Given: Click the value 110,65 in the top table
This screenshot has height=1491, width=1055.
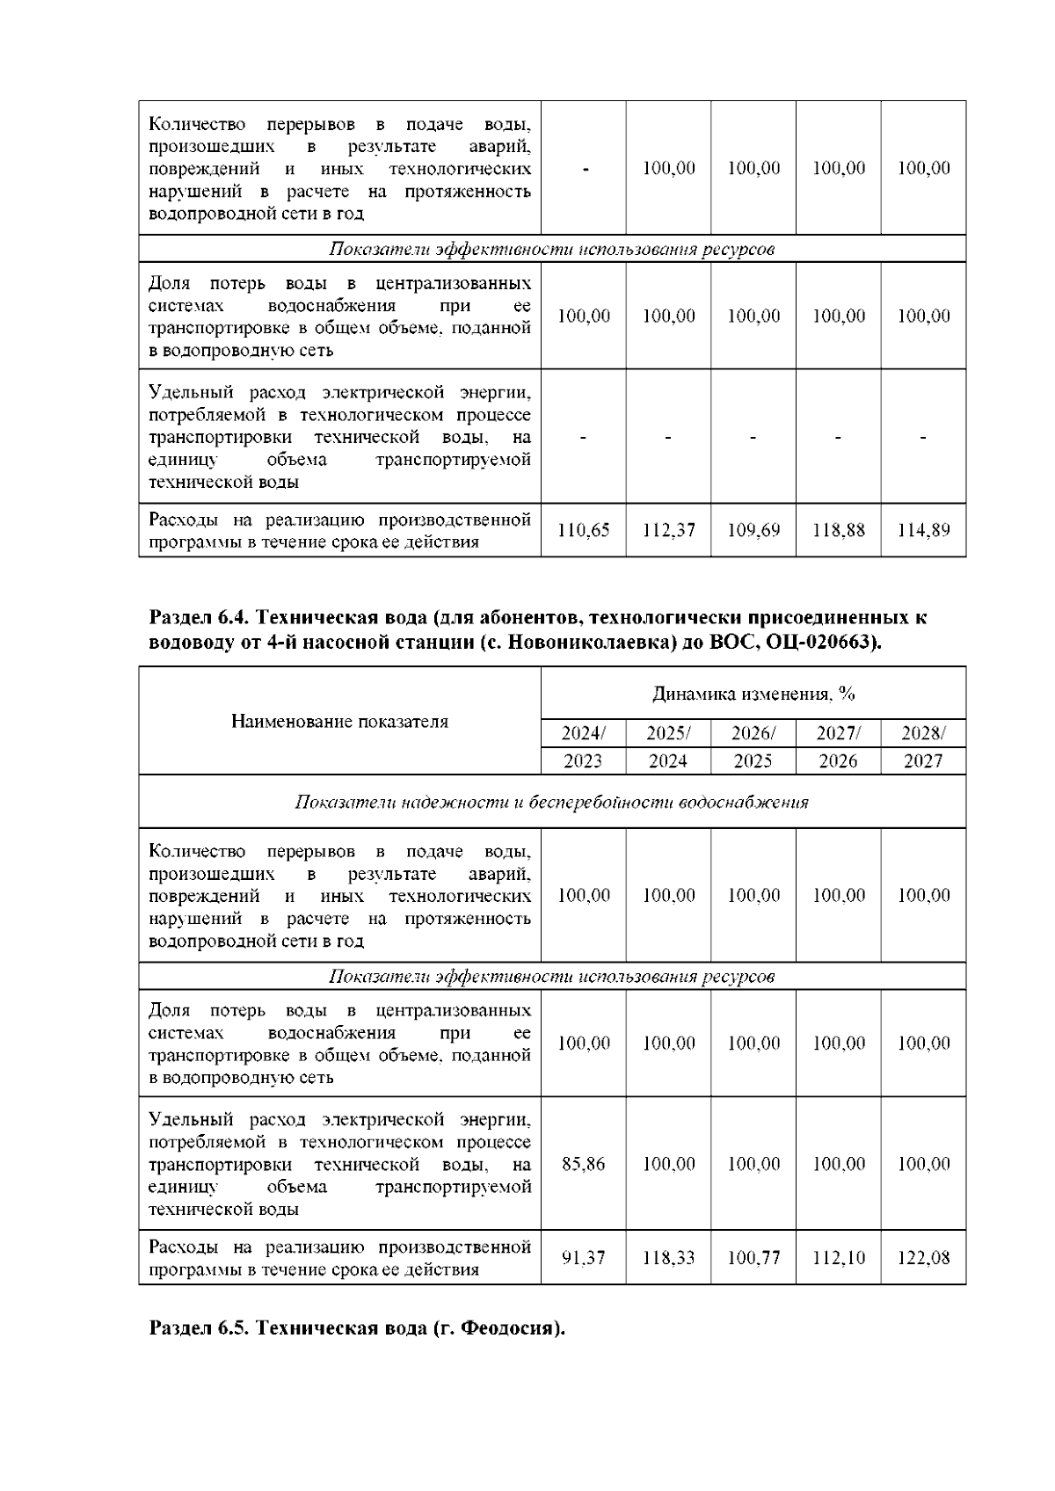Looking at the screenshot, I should pyautogui.click(x=584, y=530).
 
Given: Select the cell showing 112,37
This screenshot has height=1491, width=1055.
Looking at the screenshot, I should pyautogui.click(x=668, y=530).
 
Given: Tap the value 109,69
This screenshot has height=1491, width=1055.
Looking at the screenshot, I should pyautogui.click(x=753, y=530).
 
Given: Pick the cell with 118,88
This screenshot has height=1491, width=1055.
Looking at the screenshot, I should pyautogui.click(x=838, y=530).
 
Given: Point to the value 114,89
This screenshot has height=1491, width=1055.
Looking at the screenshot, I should pyautogui.click(x=923, y=530).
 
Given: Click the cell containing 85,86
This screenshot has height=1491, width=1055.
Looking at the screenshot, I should pyautogui.click(x=584, y=1163).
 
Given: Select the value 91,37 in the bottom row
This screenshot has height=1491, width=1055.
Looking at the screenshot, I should pyautogui.click(x=584, y=1257).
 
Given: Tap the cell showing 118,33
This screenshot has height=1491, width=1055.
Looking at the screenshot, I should pyautogui.click(x=668, y=1257).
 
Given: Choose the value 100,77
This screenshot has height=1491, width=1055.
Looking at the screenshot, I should pyautogui.click(x=753, y=1257).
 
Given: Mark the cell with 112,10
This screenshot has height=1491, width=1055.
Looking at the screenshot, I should pyautogui.click(x=838, y=1257).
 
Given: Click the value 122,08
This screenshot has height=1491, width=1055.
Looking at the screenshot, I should pyautogui.click(x=923, y=1257).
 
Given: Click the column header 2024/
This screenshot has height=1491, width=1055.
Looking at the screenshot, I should pyautogui.click(x=584, y=733).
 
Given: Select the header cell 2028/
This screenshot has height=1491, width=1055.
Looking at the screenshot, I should pyautogui.click(x=923, y=733).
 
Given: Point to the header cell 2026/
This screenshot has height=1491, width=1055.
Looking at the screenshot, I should pyautogui.click(x=753, y=733).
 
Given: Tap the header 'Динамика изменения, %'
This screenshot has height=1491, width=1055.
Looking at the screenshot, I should pyautogui.click(x=753, y=694).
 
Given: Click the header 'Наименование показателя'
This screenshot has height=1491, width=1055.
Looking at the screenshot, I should pyautogui.click(x=339, y=721).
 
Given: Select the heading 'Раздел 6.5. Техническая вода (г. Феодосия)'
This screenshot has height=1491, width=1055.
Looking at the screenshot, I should pyautogui.click(x=357, y=1327).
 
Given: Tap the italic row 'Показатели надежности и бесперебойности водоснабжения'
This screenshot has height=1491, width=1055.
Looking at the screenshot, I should pyautogui.click(x=551, y=802).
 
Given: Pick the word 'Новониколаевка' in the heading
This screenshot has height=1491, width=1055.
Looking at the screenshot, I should pyautogui.click(x=595, y=642).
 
